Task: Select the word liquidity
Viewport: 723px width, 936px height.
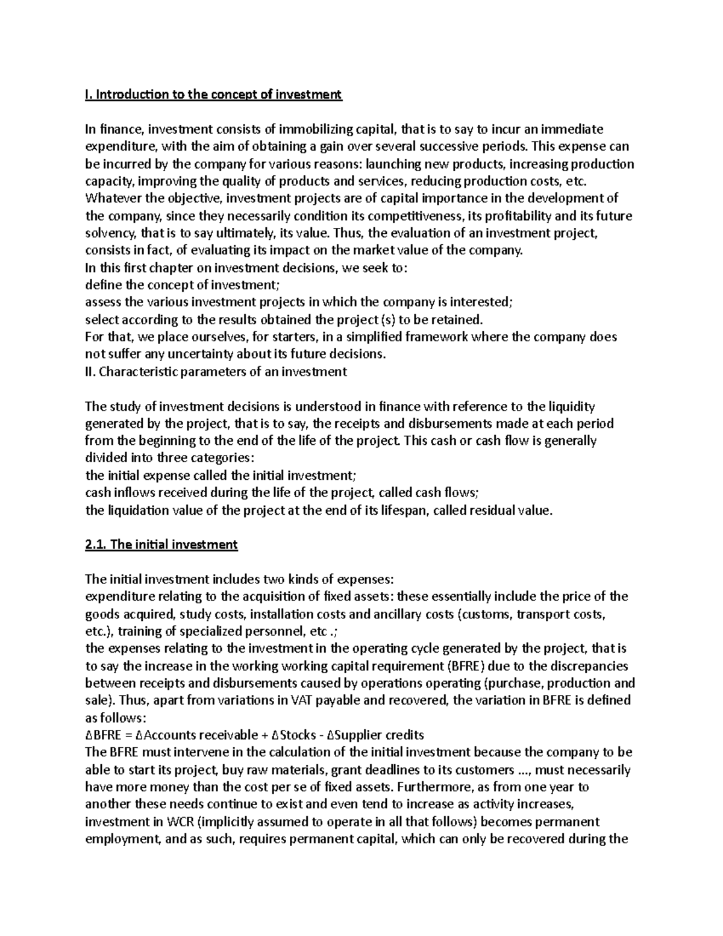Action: [x=571, y=406]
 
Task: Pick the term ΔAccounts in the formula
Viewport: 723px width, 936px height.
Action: [x=166, y=735]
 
